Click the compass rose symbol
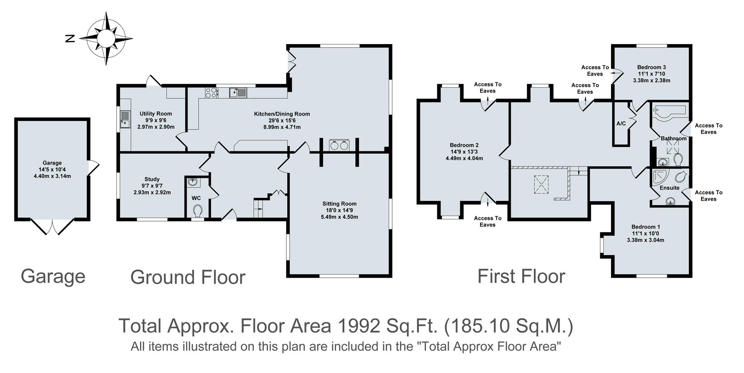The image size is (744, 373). tap(106, 38)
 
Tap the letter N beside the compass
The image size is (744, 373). tap(70, 38)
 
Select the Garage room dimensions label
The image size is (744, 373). tap(52, 173)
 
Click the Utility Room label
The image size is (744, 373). tap(156, 114)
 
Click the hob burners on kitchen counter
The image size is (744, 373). tap(211, 92)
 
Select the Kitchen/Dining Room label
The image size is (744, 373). tap(282, 114)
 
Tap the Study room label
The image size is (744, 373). tap(152, 179)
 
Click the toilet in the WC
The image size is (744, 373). tap(198, 211)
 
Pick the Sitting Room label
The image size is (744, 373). tap(339, 204)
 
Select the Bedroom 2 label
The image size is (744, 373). tap(464, 145)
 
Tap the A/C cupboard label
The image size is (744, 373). tap(621, 124)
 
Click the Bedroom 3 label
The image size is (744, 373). tap(651, 67)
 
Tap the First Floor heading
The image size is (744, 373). tap(521, 276)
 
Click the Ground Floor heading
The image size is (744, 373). tap(188, 277)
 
